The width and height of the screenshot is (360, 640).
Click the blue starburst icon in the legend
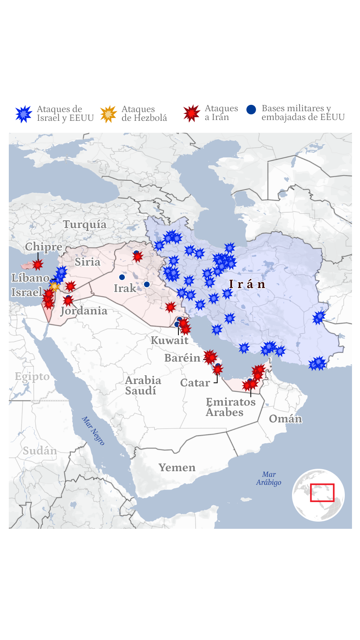point(24,114)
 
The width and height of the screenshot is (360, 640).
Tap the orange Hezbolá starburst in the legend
point(108,114)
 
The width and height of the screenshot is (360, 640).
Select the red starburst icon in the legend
point(192,113)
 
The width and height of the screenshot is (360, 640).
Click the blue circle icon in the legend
point(251,110)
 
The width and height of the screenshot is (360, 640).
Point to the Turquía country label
point(85,224)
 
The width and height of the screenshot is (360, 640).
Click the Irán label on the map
point(247,284)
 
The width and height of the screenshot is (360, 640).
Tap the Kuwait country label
point(169,340)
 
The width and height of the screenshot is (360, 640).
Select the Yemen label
point(177,468)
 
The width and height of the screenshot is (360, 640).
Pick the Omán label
point(285,419)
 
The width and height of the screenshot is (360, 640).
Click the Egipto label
point(32,377)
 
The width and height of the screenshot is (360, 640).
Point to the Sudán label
point(40,451)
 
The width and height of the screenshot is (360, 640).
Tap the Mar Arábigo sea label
point(269,478)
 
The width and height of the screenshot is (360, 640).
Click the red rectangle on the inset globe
point(322,492)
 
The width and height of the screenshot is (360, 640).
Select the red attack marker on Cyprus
point(38,264)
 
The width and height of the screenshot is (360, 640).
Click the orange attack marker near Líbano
point(54,286)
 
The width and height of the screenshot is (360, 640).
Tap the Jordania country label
point(84,311)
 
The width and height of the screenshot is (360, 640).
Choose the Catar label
point(195,383)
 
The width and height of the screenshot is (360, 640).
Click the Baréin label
point(182,358)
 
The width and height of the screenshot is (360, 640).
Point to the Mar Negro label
point(93,431)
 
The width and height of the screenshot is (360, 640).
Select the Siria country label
point(87,262)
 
